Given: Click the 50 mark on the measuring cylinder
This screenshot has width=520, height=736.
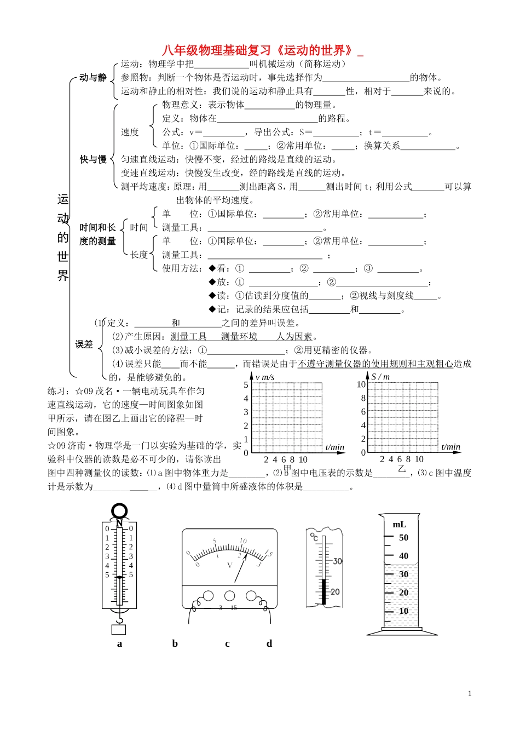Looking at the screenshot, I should pos(403,538).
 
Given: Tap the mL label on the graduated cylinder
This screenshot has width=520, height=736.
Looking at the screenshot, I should pos(400,525).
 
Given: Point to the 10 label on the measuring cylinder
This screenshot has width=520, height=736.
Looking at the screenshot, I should pos(403,611).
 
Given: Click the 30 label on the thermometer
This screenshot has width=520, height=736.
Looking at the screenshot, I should pos(337,561).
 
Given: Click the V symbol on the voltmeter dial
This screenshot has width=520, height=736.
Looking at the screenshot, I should pos(229,565).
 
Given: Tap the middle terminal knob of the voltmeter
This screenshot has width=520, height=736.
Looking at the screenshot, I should pos(230,596).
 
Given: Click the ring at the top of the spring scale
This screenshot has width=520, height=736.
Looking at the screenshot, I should pos(119,511).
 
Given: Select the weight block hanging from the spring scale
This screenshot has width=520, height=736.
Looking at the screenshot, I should pos(119,629).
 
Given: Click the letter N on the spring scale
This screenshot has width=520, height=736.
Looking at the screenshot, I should pos(119,524).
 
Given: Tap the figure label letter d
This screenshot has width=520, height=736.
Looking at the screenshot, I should pos(269,643).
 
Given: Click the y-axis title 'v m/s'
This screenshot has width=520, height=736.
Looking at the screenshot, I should pos(265,377).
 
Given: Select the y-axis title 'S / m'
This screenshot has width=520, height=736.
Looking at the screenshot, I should pos(380,377).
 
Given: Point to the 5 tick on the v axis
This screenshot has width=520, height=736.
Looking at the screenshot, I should pos(246,385).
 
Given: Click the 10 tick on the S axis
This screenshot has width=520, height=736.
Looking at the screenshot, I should pos(361,385).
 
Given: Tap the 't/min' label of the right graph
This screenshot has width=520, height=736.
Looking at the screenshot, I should pos(451,447).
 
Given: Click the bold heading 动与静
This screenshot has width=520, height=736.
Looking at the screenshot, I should pos(93,78).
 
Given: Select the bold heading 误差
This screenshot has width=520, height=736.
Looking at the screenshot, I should pos(84,344).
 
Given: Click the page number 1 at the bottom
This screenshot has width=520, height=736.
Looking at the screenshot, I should pos(470,694).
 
